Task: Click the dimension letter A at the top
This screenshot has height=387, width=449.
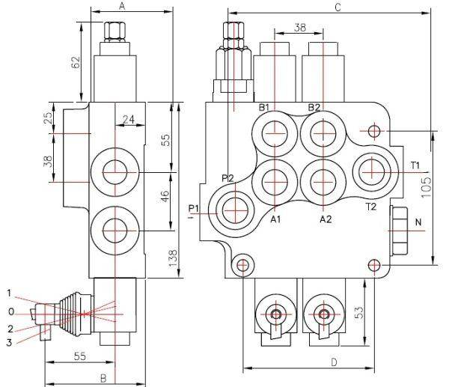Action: click(122, 6)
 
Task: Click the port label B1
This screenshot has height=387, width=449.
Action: click(264, 108)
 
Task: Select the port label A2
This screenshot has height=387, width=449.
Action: click(326, 219)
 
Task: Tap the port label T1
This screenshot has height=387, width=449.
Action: click(415, 165)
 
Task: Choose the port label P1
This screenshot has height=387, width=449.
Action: click(194, 207)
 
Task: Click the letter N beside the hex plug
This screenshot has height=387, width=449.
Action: click(418, 222)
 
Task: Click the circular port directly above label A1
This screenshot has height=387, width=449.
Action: click(275, 180)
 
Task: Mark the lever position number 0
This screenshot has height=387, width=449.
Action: click(10, 311)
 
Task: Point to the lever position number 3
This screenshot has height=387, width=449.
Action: click(10, 342)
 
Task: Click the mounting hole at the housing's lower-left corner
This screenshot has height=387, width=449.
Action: click(242, 265)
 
